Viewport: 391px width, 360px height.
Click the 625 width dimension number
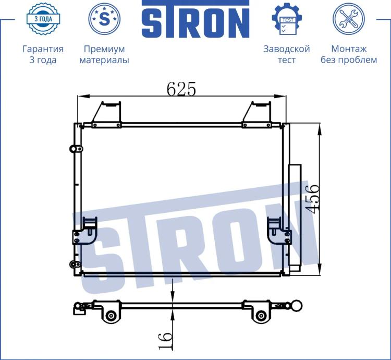181,89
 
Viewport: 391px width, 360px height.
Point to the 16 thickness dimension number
165,341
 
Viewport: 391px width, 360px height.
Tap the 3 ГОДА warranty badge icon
43,19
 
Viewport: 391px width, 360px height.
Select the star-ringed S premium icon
104,19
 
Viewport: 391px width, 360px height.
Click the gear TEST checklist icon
287,19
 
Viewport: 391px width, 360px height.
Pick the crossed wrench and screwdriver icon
349,19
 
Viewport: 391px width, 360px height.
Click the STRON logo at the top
195,19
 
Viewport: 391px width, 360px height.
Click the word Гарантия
43,49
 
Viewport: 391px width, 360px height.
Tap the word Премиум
104,49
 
